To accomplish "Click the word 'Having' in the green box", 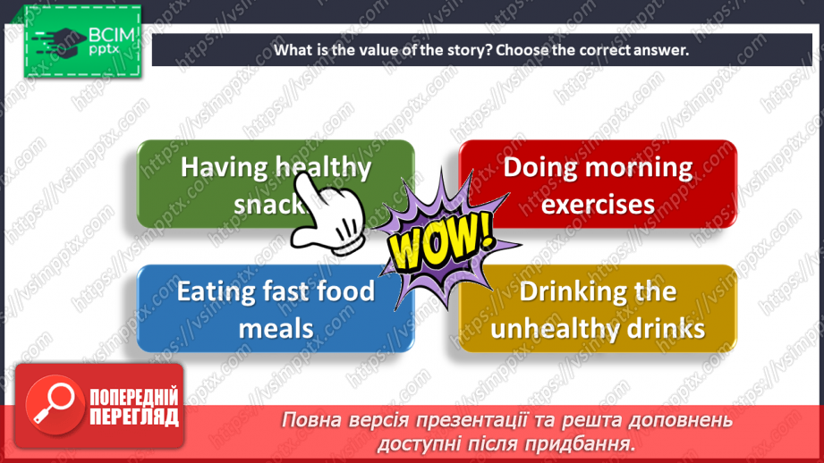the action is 225,168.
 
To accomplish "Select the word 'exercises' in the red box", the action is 598,204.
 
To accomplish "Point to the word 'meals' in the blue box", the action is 276,329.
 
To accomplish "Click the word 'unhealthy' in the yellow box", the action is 548,329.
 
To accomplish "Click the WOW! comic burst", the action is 442,240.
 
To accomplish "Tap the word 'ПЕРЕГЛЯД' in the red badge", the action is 134,417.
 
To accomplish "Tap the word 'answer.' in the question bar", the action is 661,51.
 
